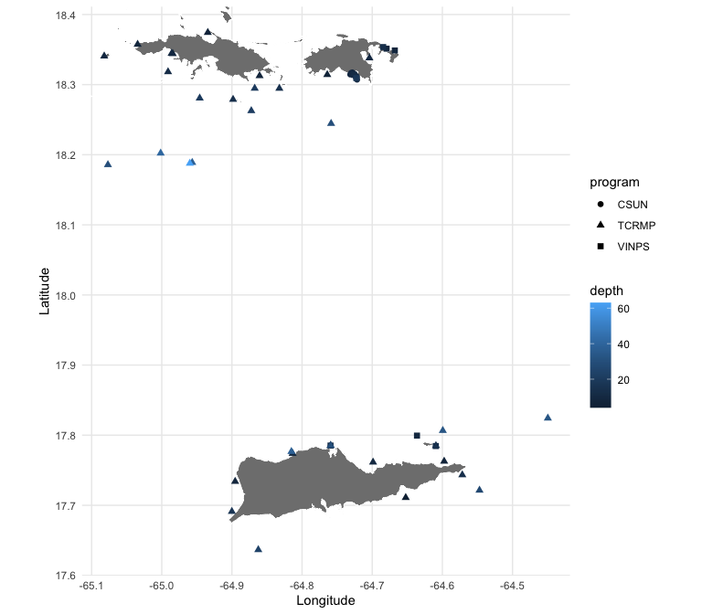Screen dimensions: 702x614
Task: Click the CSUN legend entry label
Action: [633, 205]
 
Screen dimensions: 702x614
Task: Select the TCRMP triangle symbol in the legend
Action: [601, 225]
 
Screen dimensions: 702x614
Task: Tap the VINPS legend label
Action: [633, 247]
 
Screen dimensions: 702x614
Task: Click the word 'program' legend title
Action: [614, 183]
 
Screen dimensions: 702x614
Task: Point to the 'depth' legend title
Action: [606, 291]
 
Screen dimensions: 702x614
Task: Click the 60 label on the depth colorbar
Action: [623, 309]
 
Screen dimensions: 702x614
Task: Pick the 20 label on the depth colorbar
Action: [623, 380]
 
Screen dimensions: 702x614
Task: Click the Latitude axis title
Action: [44, 291]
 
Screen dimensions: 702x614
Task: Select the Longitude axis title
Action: [325, 600]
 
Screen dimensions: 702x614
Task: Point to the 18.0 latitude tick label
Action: [66, 295]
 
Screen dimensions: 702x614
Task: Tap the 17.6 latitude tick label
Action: [66, 576]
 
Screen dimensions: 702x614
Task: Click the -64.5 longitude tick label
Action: [512, 586]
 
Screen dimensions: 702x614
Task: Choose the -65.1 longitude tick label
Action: [91, 586]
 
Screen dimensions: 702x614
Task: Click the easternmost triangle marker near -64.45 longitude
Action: [548, 418]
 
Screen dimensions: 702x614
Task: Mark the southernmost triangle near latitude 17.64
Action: [258, 549]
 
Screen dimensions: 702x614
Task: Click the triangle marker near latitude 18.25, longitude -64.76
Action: [331, 123]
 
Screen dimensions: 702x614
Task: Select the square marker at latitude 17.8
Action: [417, 436]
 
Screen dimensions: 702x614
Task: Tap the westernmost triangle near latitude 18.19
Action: [108, 164]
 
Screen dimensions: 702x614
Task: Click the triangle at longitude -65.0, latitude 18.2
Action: [160, 153]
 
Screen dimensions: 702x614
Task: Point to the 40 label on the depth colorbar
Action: [623, 344]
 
